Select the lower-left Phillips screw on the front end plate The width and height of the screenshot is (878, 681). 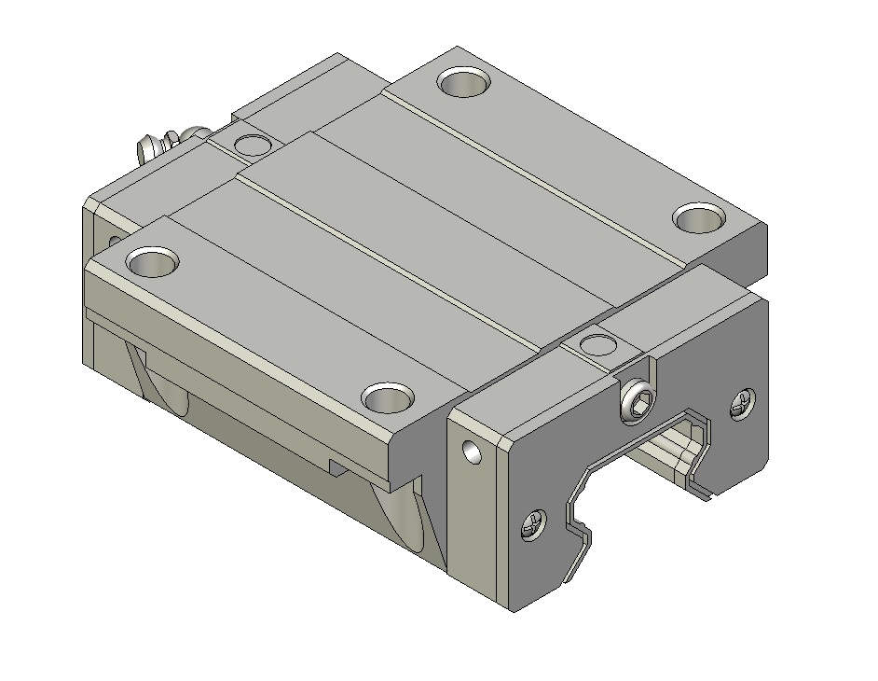click(533, 526)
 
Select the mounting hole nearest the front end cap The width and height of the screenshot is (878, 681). click(389, 398)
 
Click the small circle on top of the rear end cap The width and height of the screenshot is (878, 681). click(251, 145)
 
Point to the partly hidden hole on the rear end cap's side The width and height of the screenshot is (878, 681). click(113, 242)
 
